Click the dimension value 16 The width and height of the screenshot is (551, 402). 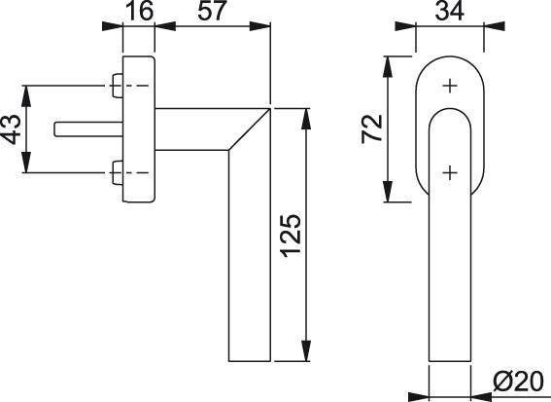(x=139, y=13)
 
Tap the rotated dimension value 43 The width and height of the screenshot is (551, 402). (x=13, y=129)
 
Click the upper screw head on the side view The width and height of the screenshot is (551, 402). (x=118, y=86)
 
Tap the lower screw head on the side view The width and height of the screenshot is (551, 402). (x=118, y=175)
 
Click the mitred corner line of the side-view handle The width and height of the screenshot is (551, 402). (x=247, y=128)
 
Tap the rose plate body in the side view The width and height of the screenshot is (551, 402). (x=139, y=129)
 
